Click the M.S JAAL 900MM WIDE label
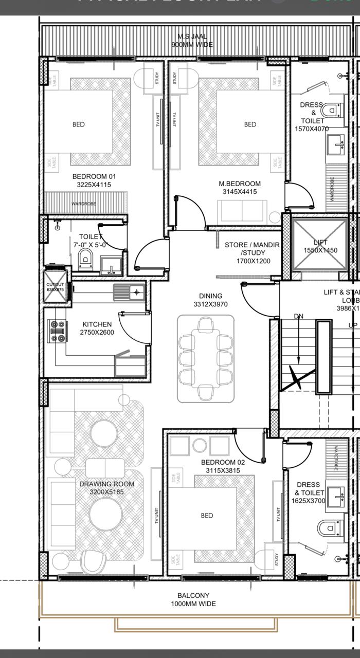coord(192,41)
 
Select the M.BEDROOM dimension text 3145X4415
coord(240,192)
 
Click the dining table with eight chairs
coord(206,358)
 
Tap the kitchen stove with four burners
coord(57,331)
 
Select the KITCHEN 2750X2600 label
coord(97,328)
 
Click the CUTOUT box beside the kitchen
coord(55,287)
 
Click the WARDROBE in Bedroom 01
coord(83,204)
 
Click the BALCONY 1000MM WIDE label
coord(193,599)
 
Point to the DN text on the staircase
coord(298,316)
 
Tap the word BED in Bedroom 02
coord(207,515)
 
